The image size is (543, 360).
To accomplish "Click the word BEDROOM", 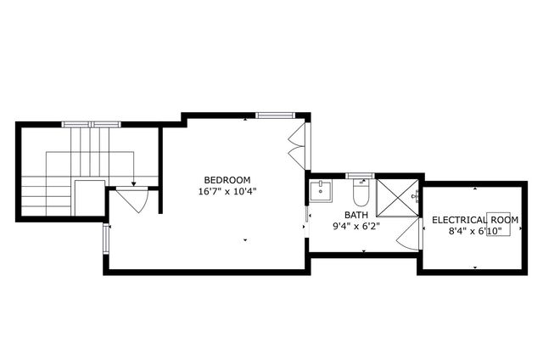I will (227, 179).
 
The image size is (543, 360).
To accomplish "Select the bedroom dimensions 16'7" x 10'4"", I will (227, 191).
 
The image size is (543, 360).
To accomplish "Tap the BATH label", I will (355, 215).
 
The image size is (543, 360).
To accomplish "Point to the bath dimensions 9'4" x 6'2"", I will (355, 227).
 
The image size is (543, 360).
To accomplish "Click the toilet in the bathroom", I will (359, 195).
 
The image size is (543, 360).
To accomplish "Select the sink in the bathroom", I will (320, 191).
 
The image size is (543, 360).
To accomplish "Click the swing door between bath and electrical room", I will (411, 235).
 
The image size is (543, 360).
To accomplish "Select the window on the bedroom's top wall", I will (275, 115).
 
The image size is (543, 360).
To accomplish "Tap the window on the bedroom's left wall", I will (106, 239).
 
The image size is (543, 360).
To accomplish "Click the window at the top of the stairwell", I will (91, 124).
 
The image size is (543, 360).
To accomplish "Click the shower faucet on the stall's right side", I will (416, 196).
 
